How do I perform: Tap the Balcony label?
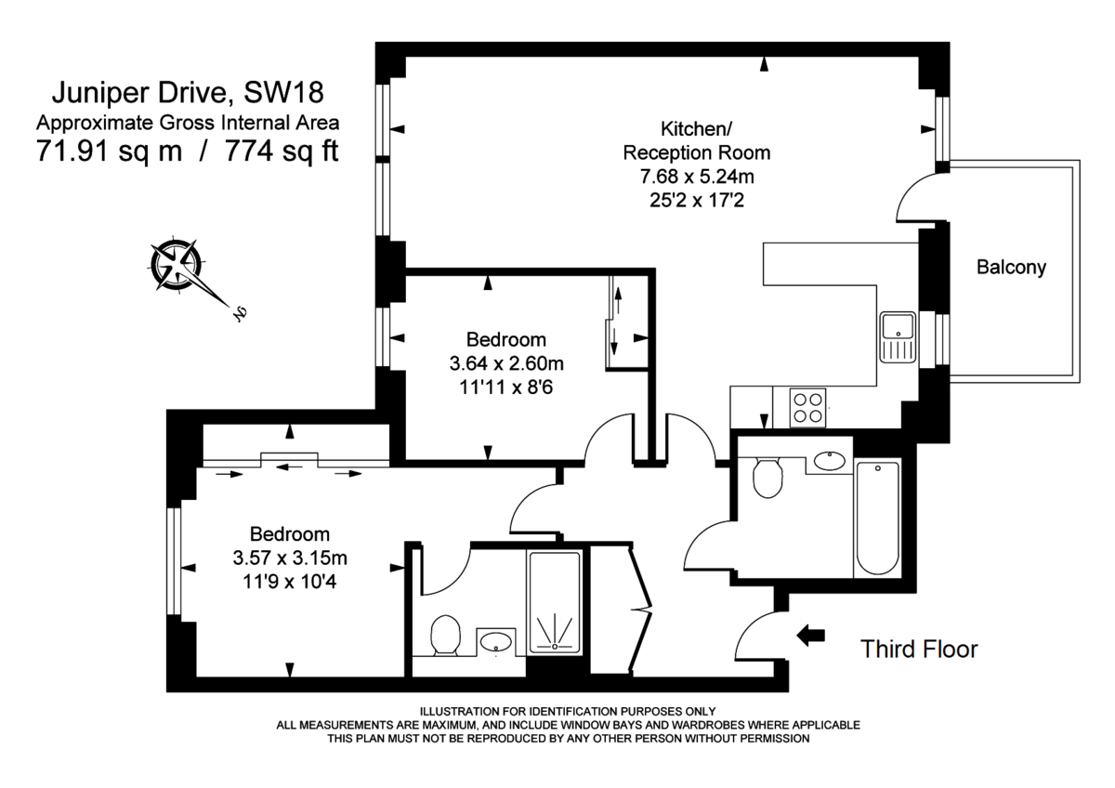[x=1011, y=268]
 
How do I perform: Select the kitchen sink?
[x=898, y=338]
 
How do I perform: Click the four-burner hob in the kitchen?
[x=808, y=406]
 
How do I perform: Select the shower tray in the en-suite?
[x=555, y=602]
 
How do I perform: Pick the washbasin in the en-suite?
[x=499, y=641]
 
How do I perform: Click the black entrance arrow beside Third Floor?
[x=811, y=635]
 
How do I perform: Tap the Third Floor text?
[x=918, y=649]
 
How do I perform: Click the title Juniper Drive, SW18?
[x=188, y=93]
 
